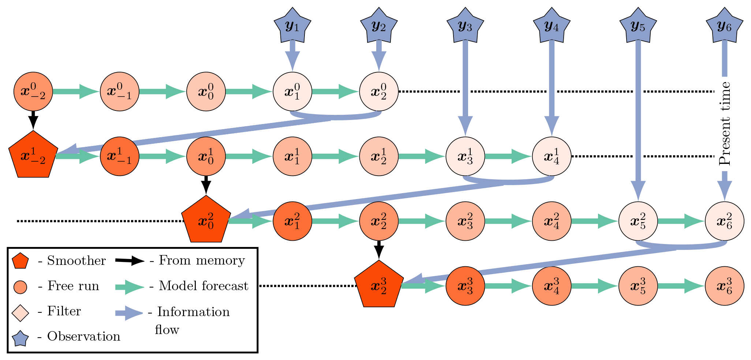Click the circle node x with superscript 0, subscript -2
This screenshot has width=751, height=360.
(x=33, y=91)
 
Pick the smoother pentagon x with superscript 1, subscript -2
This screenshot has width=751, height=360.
(x=33, y=156)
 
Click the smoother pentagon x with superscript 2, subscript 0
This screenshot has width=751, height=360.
(x=206, y=221)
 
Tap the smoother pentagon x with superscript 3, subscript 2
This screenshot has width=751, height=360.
(x=379, y=285)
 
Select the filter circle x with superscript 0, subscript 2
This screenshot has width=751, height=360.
(x=379, y=91)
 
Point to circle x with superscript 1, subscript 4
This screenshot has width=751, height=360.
(x=552, y=156)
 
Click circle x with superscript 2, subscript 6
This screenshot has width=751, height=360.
(x=724, y=221)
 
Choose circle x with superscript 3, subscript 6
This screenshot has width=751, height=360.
(x=724, y=286)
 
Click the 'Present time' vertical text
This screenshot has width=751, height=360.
(x=725, y=124)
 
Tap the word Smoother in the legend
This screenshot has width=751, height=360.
(x=76, y=260)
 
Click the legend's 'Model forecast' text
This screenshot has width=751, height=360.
(x=203, y=286)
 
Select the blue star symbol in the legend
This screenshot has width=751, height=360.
(x=20, y=339)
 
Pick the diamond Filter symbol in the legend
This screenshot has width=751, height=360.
(x=20, y=313)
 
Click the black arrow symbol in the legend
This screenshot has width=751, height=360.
(x=130, y=261)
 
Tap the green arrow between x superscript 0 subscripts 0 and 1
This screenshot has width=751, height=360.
(x=249, y=91)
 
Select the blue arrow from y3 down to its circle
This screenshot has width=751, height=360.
(x=465, y=88)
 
